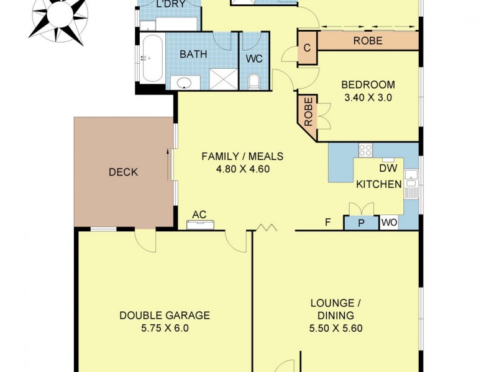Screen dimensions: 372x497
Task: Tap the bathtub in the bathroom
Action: (x=152, y=58)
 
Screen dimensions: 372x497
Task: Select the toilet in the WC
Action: (x=253, y=81)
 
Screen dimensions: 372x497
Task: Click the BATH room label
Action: (x=193, y=55)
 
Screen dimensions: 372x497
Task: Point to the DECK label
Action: (x=122, y=172)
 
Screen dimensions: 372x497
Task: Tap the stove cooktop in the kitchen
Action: (x=365, y=149)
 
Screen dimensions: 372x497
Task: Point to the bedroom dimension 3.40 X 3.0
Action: (x=368, y=97)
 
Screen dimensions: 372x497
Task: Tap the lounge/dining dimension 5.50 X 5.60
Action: (x=335, y=329)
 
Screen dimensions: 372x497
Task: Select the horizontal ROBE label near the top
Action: (x=368, y=42)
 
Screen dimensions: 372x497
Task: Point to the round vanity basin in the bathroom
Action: (x=184, y=83)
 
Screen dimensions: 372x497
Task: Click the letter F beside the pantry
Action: (x=327, y=223)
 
